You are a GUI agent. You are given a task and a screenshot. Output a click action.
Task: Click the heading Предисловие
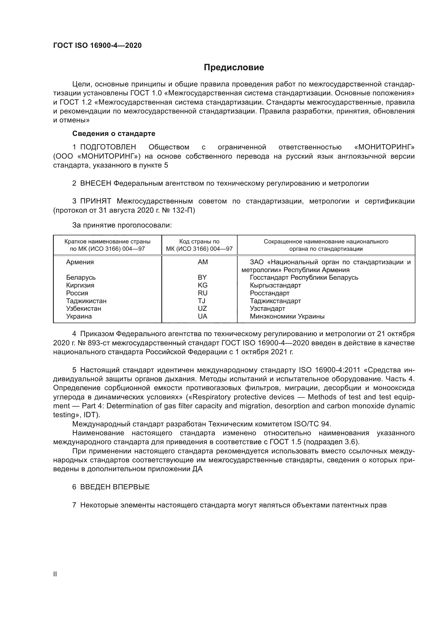(234, 68)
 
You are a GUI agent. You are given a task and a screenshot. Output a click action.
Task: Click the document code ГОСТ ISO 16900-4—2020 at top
(98, 45)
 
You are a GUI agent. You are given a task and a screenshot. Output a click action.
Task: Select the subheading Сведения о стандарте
(114, 133)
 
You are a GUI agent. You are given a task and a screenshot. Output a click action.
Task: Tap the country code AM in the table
(203, 262)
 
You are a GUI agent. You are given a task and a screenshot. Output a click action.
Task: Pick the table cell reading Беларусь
(81, 277)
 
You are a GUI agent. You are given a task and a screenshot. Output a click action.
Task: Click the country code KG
(203, 285)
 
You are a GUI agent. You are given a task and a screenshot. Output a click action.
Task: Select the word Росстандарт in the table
(269, 293)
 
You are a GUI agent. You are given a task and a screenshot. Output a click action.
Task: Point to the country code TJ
(202, 301)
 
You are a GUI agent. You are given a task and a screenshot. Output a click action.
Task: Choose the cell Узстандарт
(267, 309)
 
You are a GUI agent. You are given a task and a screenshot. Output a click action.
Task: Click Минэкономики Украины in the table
(287, 316)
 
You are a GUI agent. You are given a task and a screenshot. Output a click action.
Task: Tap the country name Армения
(80, 262)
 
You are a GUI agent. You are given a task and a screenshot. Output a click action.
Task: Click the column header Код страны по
(199, 242)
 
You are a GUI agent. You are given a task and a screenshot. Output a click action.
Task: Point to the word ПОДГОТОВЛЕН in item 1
(108, 147)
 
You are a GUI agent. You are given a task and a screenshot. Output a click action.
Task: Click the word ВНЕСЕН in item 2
(95, 183)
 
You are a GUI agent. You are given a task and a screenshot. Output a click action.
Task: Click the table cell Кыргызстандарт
(275, 285)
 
